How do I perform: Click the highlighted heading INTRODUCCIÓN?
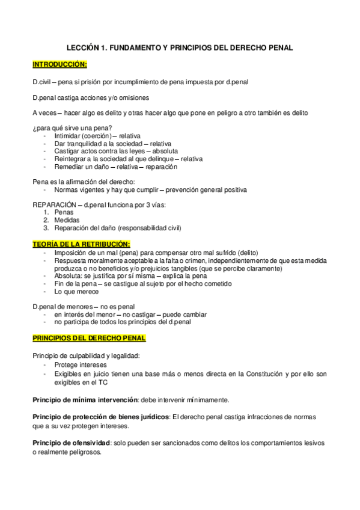coord(59,64)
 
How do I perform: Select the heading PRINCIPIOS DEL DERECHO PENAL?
coord(88,339)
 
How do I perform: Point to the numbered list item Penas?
coord(63,212)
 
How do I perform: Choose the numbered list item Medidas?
coord(66,220)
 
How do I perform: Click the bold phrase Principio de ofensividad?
coord(72,443)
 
